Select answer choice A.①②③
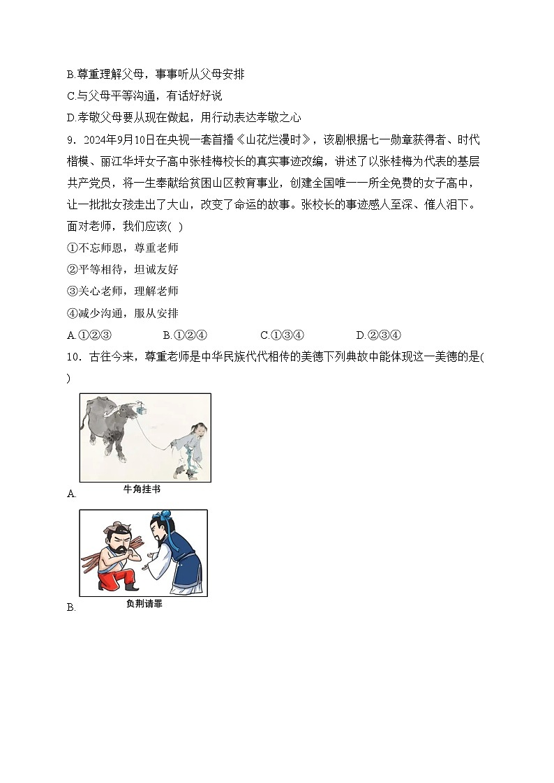point(89,335)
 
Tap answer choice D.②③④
point(377,335)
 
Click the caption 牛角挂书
point(142,489)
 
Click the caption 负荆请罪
point(144,604)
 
